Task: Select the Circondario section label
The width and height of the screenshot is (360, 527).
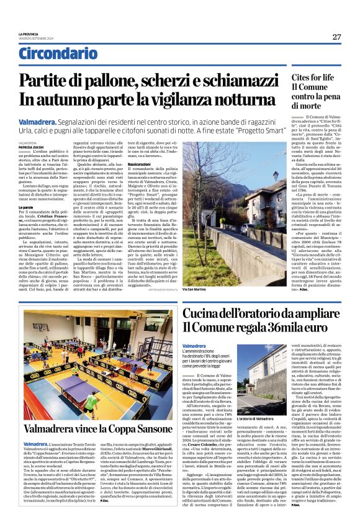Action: point(53,54)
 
